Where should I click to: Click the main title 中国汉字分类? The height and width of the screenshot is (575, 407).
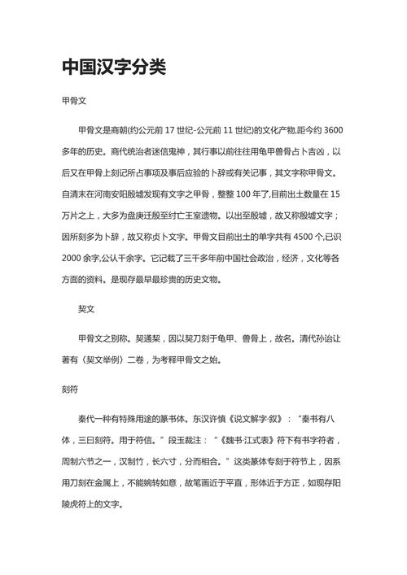[114, 67]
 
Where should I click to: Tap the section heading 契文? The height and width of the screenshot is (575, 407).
[87, 310]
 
